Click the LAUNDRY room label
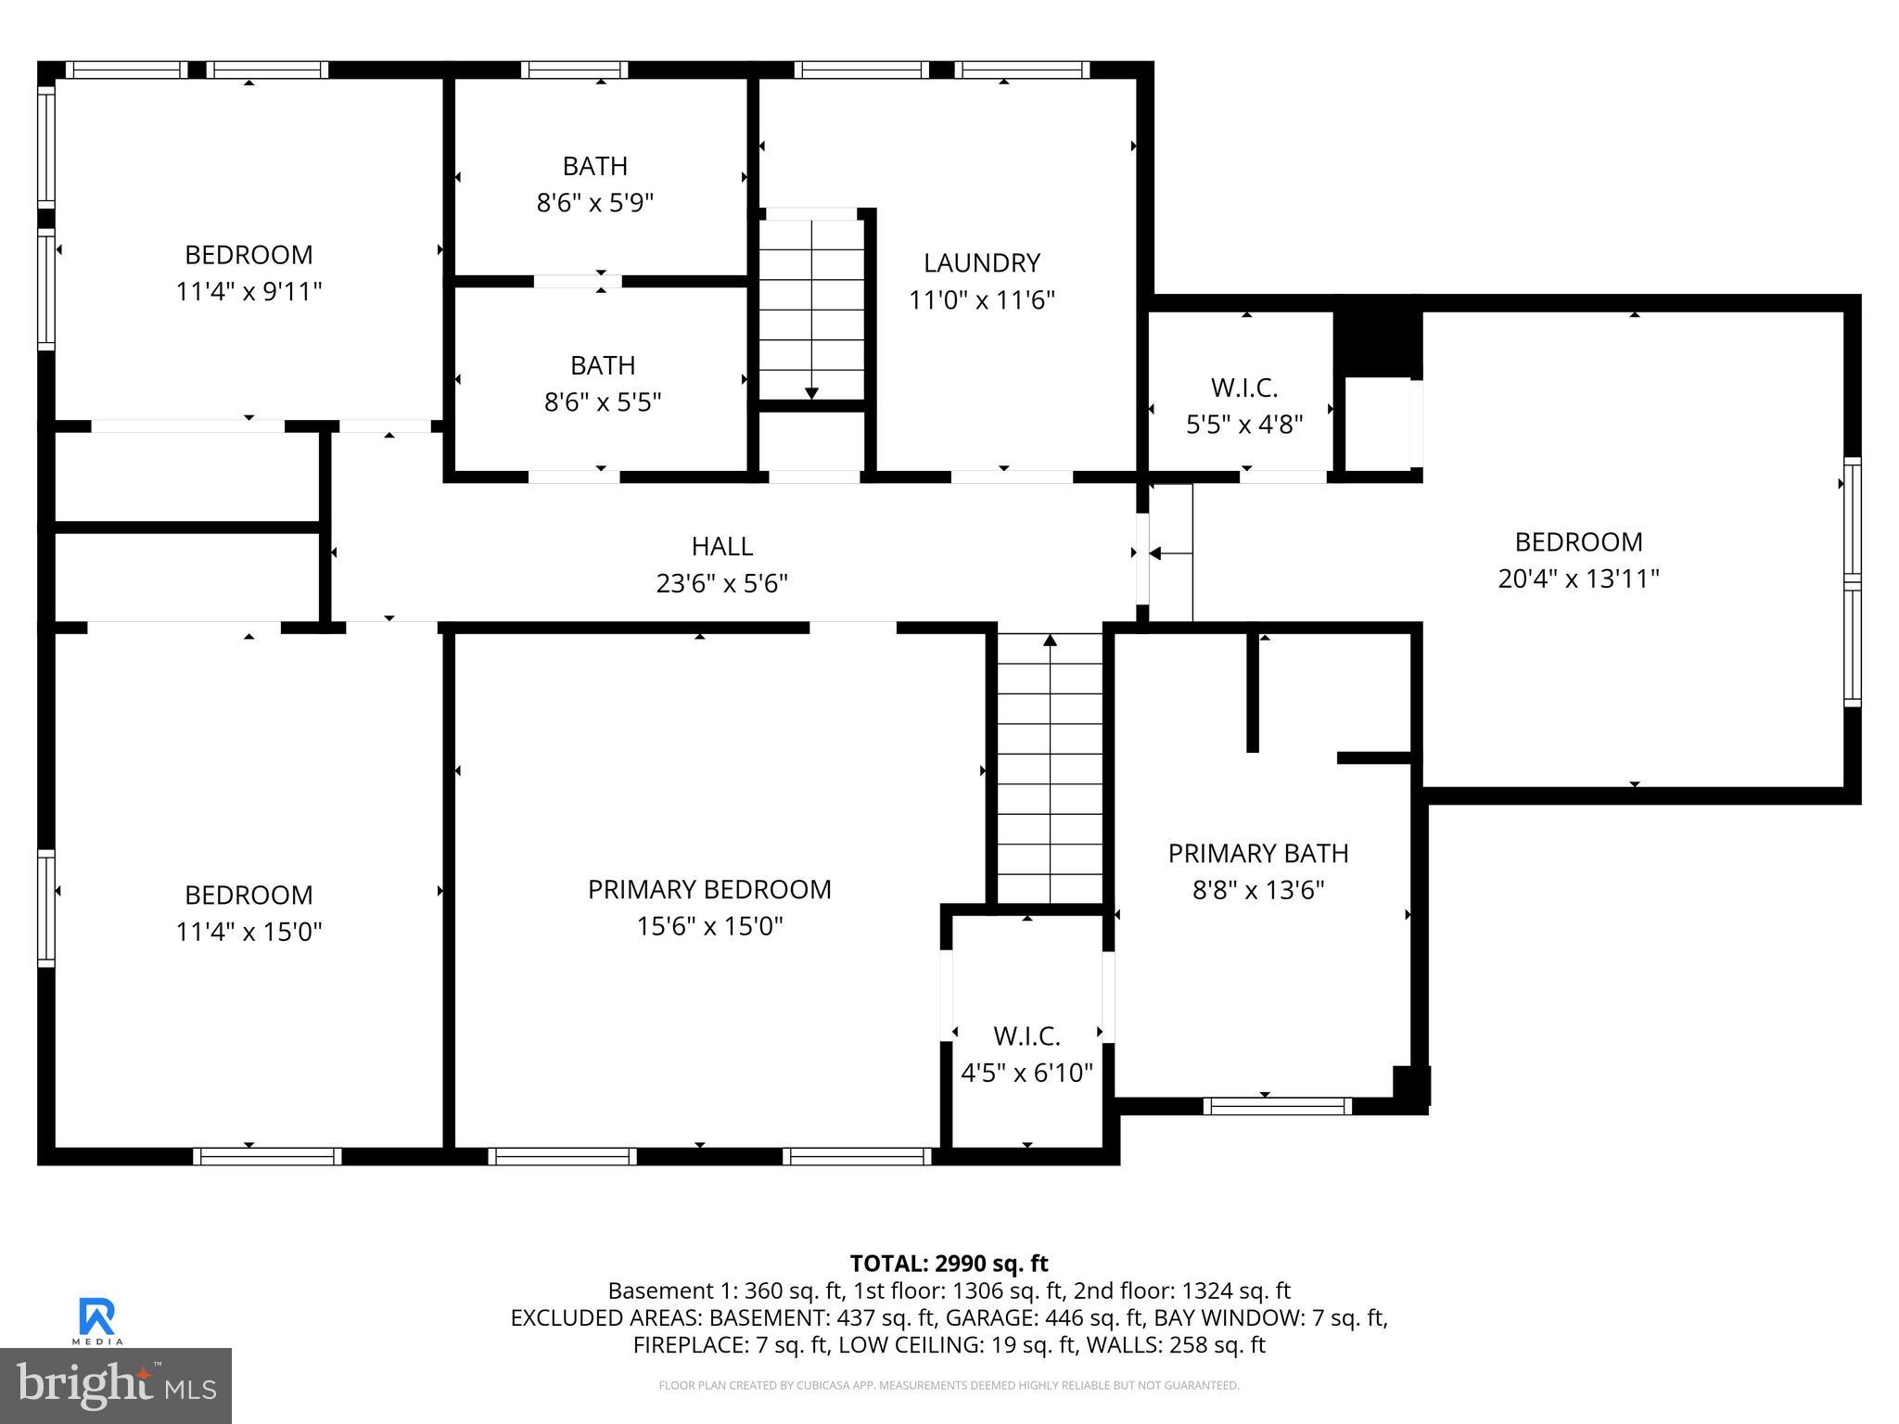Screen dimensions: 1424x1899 (x=981, y=263)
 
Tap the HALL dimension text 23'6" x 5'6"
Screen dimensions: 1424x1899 (x=721, y=583)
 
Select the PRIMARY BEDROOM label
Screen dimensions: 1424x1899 (x=709, y=889)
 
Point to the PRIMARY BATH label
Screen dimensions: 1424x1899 (x=1257, y=853)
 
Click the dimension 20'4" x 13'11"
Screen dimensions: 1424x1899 (x=1578, y=578)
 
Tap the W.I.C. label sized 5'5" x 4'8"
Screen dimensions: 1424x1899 (x=1244, y=388)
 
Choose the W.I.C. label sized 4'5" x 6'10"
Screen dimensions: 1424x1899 (x=1026, y=1036)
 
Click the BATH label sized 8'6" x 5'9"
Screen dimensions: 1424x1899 (x=594, y=166)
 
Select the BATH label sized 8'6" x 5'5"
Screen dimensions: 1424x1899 (x=602, y=365)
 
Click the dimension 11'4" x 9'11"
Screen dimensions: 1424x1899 (x=249, y=291)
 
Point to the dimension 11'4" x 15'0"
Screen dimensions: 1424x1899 (x=249, y=931)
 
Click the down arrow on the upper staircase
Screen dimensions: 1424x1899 (x=811, y=393)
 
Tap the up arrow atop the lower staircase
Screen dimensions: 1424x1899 (x=1050, y=640)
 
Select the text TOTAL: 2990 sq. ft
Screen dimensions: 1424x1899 (x=949, y=1264)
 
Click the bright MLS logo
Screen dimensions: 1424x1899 (x=115, y=1385)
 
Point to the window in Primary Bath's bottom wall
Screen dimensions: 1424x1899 (x=1277, y=1105)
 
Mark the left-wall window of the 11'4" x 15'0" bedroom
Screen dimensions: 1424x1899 (x=45, y=908)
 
